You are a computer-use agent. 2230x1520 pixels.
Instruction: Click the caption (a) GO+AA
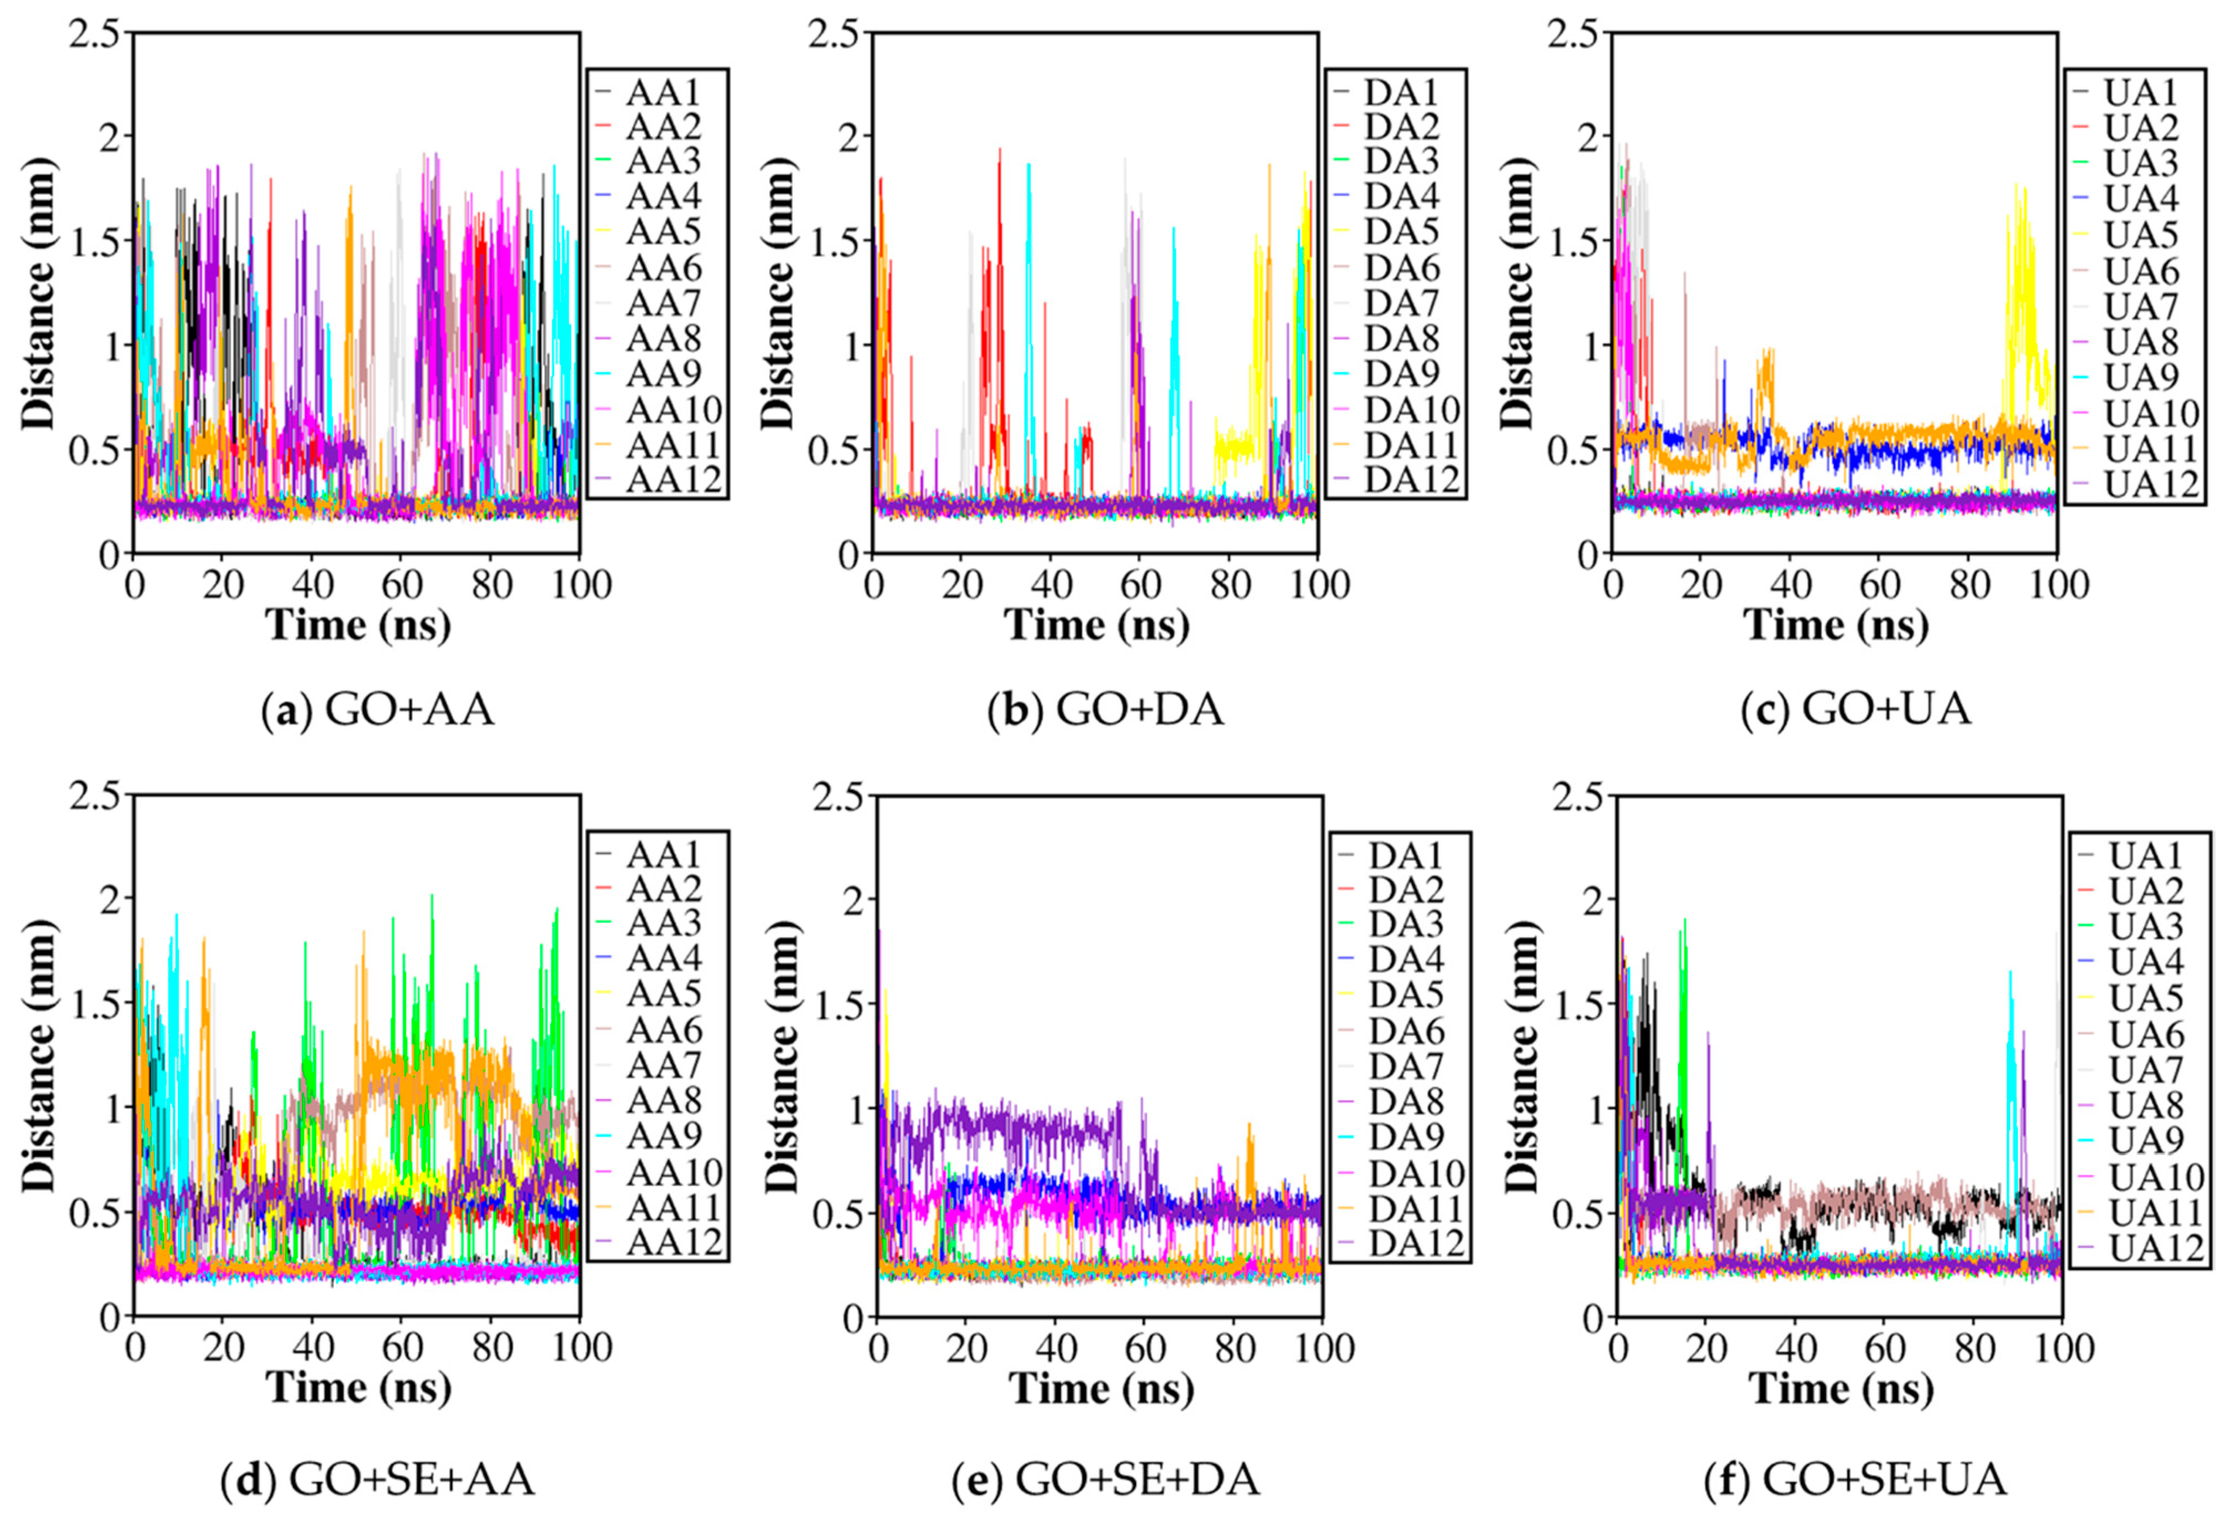[x=378, y=710]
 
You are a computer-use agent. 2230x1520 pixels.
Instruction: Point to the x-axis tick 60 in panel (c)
[x=1880, y=583]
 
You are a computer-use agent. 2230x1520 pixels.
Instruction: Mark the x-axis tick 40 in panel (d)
[x=313, y=1347]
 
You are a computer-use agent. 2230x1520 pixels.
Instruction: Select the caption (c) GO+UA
[x=1856, y=710]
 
